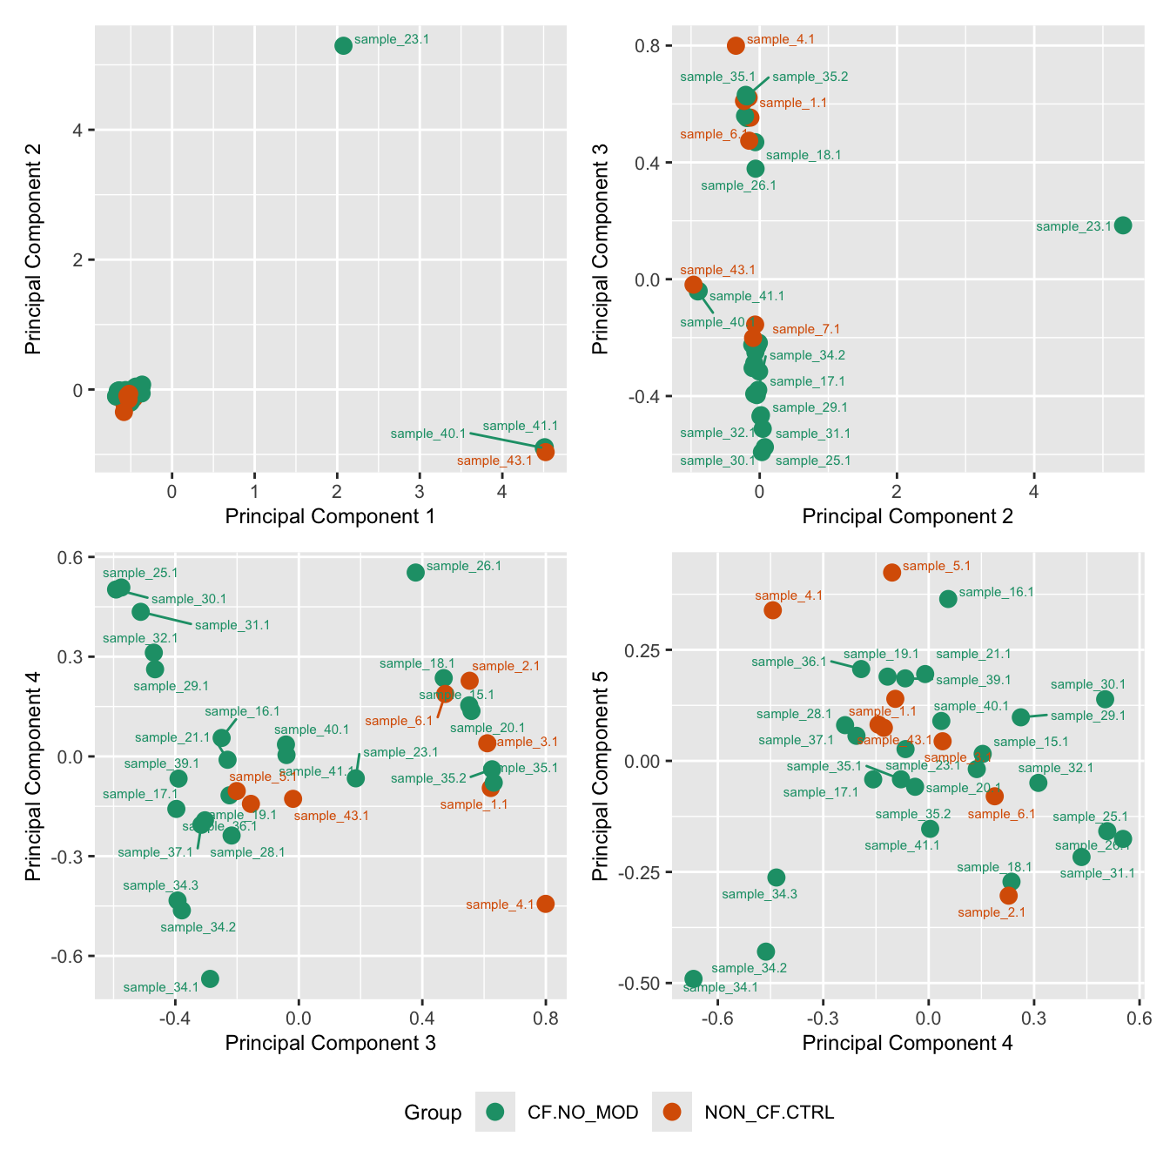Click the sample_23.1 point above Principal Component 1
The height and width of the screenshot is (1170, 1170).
tap(343, 45)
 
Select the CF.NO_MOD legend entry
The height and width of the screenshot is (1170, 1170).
tap(495, 1112)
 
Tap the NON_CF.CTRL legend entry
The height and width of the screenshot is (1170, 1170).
tap(672, 1112)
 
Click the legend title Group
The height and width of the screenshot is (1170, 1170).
tap(433, 1113)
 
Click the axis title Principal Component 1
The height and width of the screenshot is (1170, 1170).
tap(330, 516)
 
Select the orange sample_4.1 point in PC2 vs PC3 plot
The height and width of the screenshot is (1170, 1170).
tap(736, 45)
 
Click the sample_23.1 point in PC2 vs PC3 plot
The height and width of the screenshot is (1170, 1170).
tap(1123, 225)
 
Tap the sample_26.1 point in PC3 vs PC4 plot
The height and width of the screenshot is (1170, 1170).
tap(415, 572)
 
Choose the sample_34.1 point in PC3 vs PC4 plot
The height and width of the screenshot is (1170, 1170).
tap(210, 978)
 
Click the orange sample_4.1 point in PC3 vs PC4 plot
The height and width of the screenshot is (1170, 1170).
tap(546, 904)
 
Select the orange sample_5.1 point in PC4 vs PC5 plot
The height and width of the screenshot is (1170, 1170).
tap(891, 572)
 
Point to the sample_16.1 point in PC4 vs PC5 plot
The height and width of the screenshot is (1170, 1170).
tap(948, 599)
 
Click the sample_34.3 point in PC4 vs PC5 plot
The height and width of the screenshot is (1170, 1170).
tap(777, 877)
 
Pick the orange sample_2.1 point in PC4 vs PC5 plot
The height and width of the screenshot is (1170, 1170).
tap(1009, 895)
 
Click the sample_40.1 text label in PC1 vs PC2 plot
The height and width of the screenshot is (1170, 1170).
tap(428, 434)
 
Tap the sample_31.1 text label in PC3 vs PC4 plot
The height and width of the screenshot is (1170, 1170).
tap(232, 625)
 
